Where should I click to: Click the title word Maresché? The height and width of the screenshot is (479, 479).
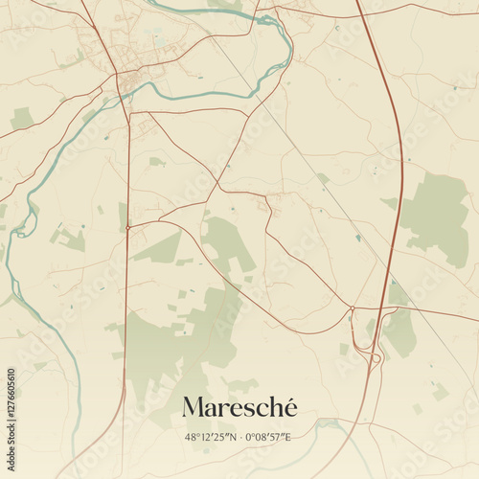239,407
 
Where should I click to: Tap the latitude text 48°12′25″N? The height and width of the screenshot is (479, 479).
209,437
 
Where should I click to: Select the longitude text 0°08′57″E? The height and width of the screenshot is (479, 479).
267,437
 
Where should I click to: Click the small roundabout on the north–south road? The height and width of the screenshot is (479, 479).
127,228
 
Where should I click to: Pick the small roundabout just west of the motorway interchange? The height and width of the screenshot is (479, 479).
352,308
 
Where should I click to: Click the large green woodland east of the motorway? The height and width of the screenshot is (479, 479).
436,216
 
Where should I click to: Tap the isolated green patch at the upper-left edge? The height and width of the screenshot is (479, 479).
21,118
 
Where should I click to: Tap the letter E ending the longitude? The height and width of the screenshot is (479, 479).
287,437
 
